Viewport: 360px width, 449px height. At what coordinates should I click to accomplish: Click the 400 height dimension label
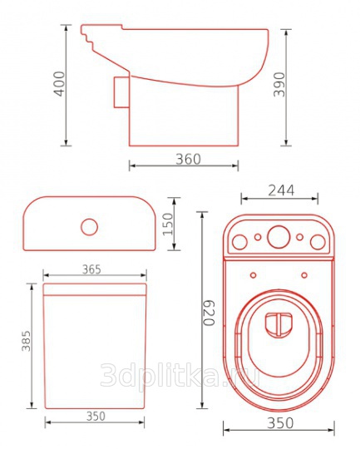tap(60, 84)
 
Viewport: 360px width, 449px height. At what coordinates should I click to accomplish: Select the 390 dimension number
tap(279, 85)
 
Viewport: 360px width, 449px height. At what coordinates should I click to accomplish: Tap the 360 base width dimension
tap(188, 159)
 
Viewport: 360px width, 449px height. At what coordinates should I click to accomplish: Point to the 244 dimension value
tap(281, 190)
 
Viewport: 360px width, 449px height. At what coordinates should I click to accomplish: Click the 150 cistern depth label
tap(169, 224)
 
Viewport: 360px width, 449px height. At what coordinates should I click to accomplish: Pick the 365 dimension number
tap(91, 269)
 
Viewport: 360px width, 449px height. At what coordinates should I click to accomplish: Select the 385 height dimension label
tap(26, 341)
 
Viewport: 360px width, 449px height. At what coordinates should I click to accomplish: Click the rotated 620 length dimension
tap(209, 313)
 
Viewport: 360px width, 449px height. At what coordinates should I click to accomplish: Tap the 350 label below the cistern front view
tap(96, 416)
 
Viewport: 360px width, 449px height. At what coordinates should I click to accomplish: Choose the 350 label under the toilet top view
tap(280, 423)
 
